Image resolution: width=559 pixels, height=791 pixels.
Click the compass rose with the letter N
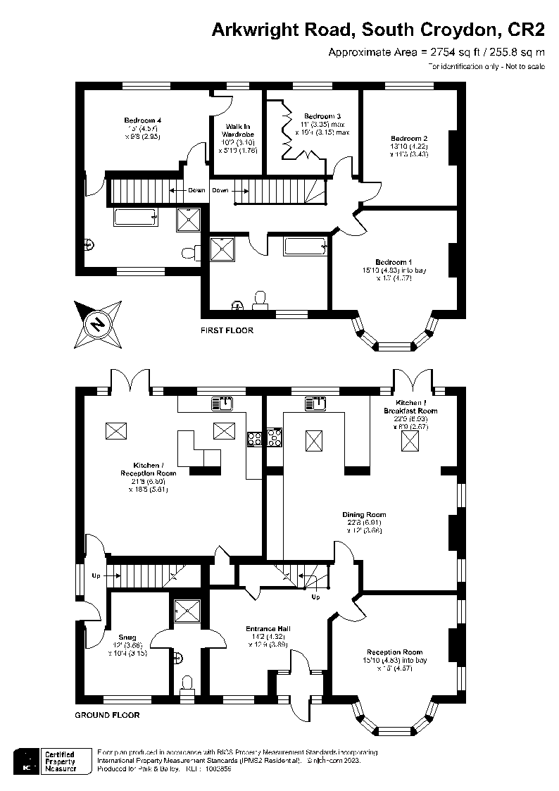(99, 324)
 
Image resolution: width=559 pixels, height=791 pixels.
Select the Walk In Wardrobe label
(237, 130)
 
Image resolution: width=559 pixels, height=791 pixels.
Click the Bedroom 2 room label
(410, 137)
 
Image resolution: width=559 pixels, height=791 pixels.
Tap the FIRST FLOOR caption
(227, 330)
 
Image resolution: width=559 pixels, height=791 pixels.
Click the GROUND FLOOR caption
(107, 715)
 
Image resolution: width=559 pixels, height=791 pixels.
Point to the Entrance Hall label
(268, 628)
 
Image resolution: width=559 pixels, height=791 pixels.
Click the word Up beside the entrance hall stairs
(315, 597)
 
